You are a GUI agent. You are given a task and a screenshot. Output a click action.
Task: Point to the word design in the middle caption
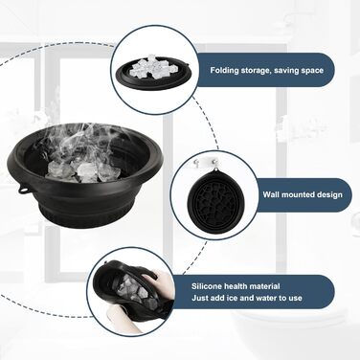point(328,194)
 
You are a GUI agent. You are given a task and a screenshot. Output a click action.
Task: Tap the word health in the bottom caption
point(236,286)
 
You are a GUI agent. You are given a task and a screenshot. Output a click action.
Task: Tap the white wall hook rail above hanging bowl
point(205,162)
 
